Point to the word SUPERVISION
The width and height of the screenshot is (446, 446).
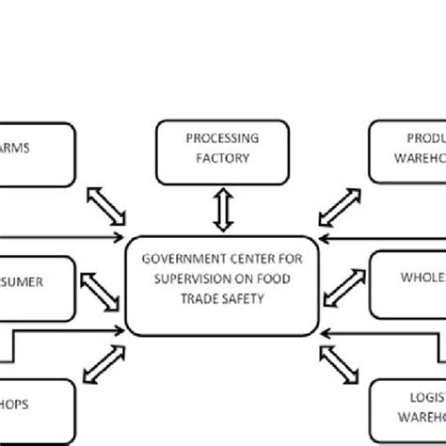pos(190,279)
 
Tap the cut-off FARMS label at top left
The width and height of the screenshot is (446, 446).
pos(16,148)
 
